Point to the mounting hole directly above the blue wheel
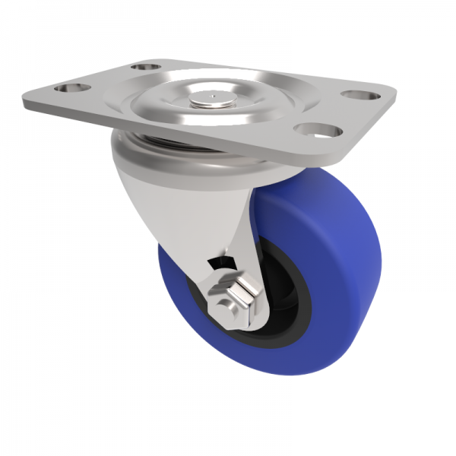point(309,129)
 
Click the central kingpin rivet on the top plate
point(211,98)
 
